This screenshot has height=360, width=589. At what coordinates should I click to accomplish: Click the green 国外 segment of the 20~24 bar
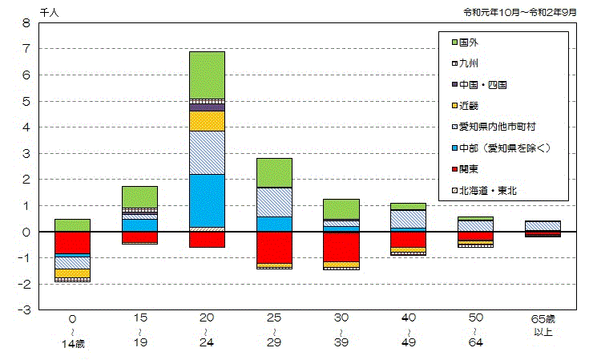pyautogui.click(x=207, y=75)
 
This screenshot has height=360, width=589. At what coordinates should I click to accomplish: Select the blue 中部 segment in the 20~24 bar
pyautogui.click(x=207, y=200)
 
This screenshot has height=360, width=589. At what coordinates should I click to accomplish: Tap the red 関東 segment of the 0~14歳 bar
pyautogui.click(x=72, y=242)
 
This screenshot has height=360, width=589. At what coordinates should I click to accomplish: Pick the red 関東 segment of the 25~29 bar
pyautogui.click(x=274, y=247)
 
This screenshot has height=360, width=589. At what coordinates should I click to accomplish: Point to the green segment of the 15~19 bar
pyautogui.click(x=139, y=196)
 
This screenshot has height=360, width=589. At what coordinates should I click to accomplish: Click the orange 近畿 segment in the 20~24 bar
pyautogui.click(x=207, y=120)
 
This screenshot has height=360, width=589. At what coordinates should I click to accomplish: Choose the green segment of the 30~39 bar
pyautogui.click(x=341, y=208)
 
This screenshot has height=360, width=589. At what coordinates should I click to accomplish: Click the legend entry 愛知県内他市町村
pyautogui.click(x=497, y=127)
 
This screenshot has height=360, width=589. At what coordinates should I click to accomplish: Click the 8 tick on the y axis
pyautogui.click(x=26, y=23)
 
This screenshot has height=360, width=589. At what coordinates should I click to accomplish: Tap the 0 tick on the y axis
pyautogui.click(x=26, y=232)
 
